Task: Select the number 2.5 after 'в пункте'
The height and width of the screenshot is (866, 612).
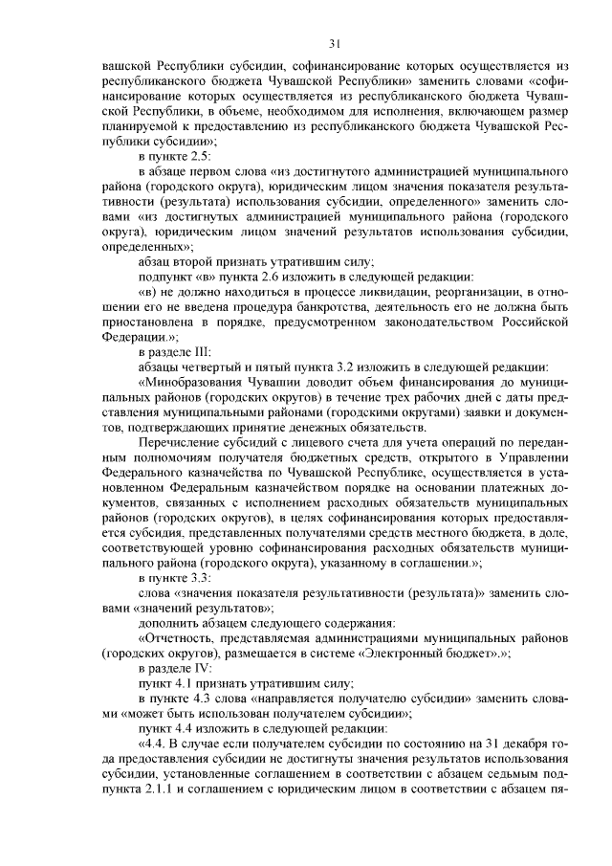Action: pos(199,156)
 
